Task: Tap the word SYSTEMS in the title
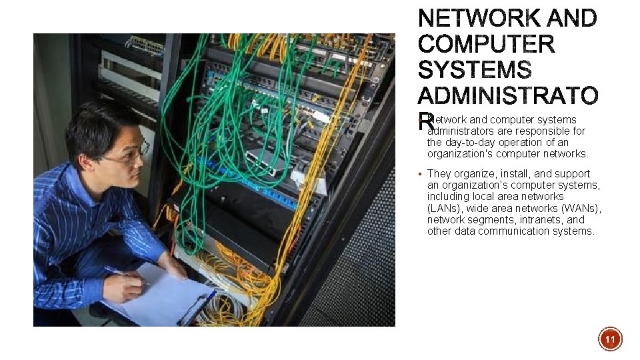click(475, 70)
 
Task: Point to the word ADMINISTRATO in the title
click(508, 96)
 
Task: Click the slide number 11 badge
click(609, 340)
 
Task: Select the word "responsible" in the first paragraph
click(543, 131)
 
